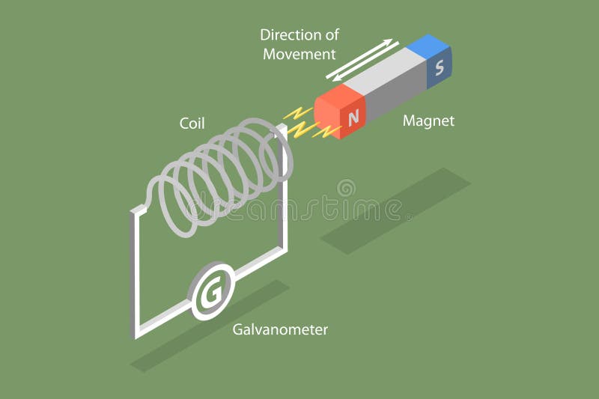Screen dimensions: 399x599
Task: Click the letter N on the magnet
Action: pos(354,118)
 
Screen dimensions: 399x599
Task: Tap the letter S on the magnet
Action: pos(440,67)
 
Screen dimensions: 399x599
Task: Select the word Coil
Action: pos(192,123)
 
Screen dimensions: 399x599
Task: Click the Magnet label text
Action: pos(428,120)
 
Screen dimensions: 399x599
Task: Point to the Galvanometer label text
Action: pos(280,329)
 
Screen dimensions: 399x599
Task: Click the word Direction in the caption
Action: pos(289,34)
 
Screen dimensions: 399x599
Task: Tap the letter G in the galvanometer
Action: pos(213,293)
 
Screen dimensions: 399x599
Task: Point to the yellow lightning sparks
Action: pos(305,124)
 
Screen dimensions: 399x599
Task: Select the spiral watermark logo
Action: pos(346,188)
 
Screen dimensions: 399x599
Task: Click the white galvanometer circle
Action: pos(213,293)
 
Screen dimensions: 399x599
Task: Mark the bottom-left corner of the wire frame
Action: pos(137,335)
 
